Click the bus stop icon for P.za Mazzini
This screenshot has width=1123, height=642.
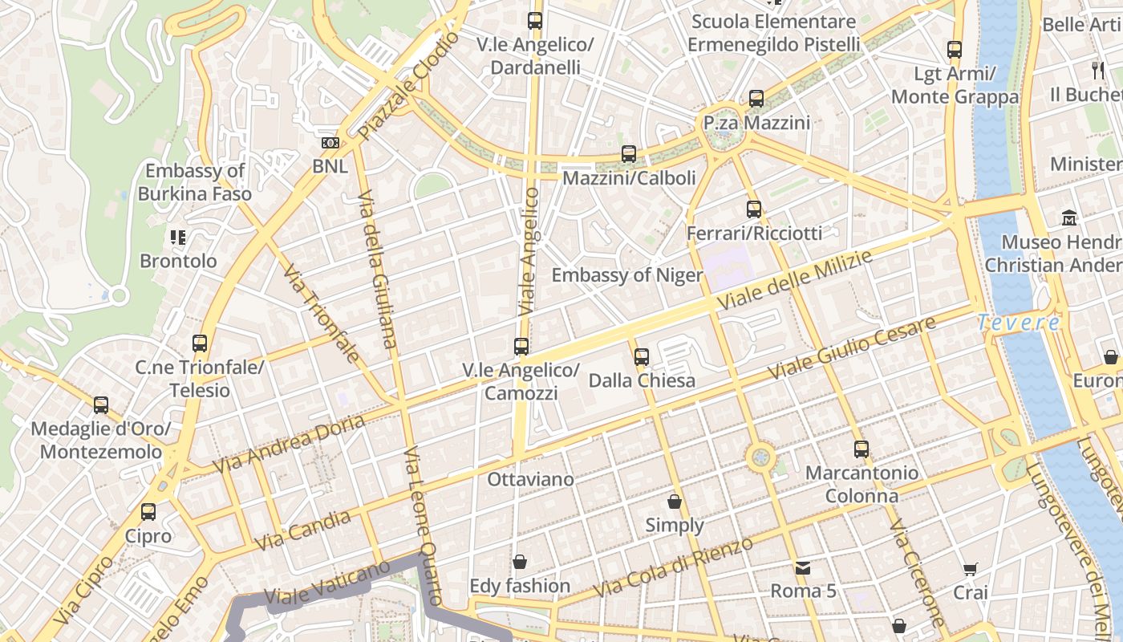(756, 99)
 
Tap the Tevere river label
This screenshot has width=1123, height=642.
(1019, 323)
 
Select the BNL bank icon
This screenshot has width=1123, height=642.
(330, 143)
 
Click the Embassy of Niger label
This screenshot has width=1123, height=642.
(626, 275)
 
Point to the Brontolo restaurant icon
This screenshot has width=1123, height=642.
(177, 238)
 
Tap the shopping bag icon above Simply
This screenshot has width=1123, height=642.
(675, 502)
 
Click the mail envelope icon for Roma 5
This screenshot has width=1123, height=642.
(802, 568)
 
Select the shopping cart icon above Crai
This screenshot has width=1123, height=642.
(970, 570)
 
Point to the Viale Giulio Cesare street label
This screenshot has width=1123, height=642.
(852, 348)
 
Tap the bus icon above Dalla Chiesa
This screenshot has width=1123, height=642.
(641, 357)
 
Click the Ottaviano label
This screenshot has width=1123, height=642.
(530, 479)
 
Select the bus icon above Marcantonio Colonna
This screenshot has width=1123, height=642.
(861, 449)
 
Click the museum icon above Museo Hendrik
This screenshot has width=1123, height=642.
(1068, 218)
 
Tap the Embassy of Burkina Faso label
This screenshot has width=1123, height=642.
(194, 182)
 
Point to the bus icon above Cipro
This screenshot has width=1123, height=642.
(148, 512)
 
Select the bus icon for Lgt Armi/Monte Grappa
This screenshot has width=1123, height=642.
(954, 50)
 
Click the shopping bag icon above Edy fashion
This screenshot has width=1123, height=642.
(519, 562)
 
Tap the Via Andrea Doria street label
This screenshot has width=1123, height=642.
(289, 443)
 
